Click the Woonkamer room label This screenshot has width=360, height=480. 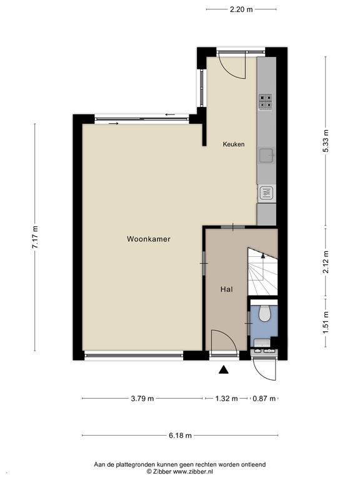pyautogui.click(x=149, y=239)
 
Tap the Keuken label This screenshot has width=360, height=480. pyautogui.click(x=234, y=144)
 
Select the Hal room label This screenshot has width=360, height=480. pyautogui.click(x=226, y=289)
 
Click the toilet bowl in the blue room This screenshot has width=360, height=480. pyautogui.click(x=264, y=314)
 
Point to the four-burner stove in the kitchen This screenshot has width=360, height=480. pyautogui.click(x=266, y=102)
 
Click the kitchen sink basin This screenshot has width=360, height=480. pyautogui.click(x=267, y=156)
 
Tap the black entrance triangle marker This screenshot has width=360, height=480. pyautogui.click(x=224, y=370)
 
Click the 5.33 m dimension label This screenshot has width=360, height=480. pyautogui.click(x=326, y=141)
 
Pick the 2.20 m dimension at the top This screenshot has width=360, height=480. pyautogui.click(x=241, y=9)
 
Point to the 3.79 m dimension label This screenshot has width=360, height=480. pyautogui.click(x=142, y=399)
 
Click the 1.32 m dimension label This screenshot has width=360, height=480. pyautogui.click(x=226, y=399)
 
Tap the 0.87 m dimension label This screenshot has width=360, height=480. pyautogui.click(x=264, y=399)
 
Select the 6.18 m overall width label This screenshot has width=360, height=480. pyautogui.click(x=180, y=435)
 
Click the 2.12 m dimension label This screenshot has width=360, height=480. pyautogui.click(x=326, y=262)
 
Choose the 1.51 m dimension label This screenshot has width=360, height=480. pyautogui.click(x=326, y=322)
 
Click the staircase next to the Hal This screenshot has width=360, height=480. pyautogui.click(x=262, y=271)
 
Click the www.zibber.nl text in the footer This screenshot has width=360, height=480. pyautogui.click(x=193, y=471)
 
